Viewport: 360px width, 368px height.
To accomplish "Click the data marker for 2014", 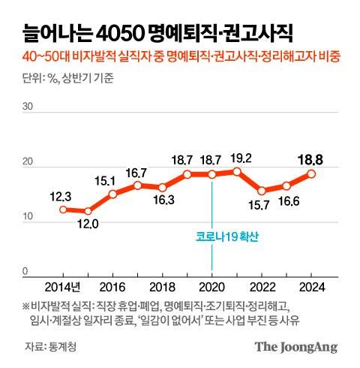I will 64,210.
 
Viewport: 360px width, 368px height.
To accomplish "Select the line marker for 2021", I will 237,171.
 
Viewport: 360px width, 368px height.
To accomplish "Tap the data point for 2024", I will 311,173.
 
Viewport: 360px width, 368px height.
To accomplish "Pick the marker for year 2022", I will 262,191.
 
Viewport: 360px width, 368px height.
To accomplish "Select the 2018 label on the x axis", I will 162,287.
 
